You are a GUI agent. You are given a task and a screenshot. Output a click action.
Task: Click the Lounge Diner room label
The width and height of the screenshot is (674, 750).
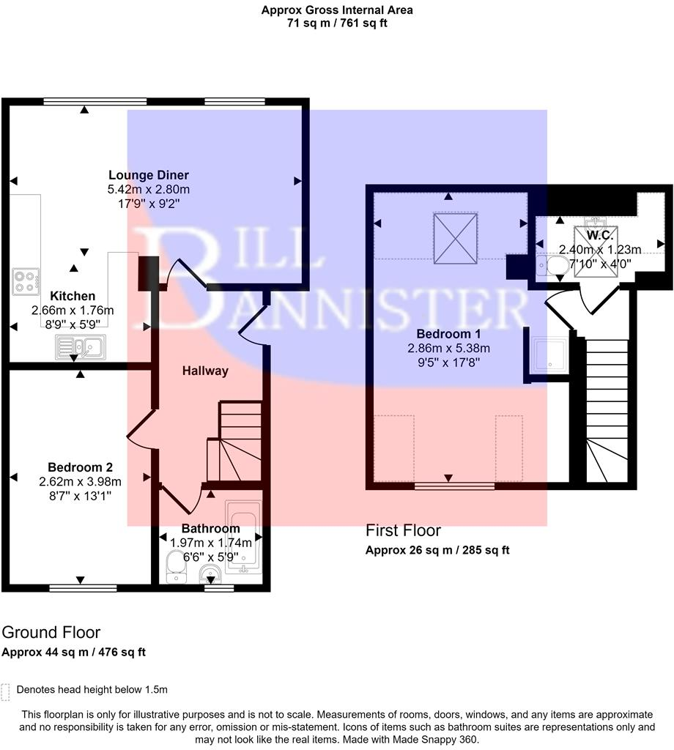point(149,175)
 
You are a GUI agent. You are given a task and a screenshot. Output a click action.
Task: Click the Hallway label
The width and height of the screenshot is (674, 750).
point(206,371)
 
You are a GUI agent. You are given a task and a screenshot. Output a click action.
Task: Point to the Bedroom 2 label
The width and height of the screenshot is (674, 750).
point(80,467)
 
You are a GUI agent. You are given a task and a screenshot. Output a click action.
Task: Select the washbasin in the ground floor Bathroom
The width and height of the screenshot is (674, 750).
point(213,575)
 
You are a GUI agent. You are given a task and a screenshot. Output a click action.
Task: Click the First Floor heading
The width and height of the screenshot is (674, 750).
point(403,530)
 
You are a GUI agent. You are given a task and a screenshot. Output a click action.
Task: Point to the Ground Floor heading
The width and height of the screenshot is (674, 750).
point(51,632)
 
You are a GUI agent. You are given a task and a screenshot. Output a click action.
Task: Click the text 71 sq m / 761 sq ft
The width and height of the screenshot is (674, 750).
point(337,23)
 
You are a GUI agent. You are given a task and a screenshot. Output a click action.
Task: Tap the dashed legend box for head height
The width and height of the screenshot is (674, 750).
point(7,691)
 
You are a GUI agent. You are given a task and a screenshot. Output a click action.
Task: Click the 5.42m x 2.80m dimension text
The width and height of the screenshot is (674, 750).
point(149,190)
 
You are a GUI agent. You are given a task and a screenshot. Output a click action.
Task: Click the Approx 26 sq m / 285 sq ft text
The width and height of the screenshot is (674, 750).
point(437,551)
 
